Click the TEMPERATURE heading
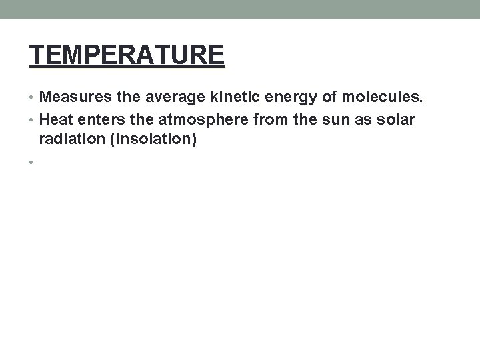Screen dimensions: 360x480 [x=127, y=55]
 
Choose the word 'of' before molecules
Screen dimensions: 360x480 [x=326, y=99]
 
